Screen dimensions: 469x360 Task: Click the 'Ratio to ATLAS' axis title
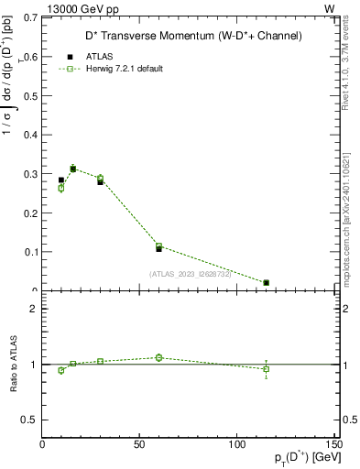(13, 365)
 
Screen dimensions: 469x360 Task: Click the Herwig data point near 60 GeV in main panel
(158, 246)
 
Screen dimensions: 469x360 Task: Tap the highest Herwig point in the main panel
(73, 169)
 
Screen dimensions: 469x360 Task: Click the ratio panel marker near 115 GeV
(266, 369)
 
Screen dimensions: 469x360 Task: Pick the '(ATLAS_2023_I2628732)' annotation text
(190, 273)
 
